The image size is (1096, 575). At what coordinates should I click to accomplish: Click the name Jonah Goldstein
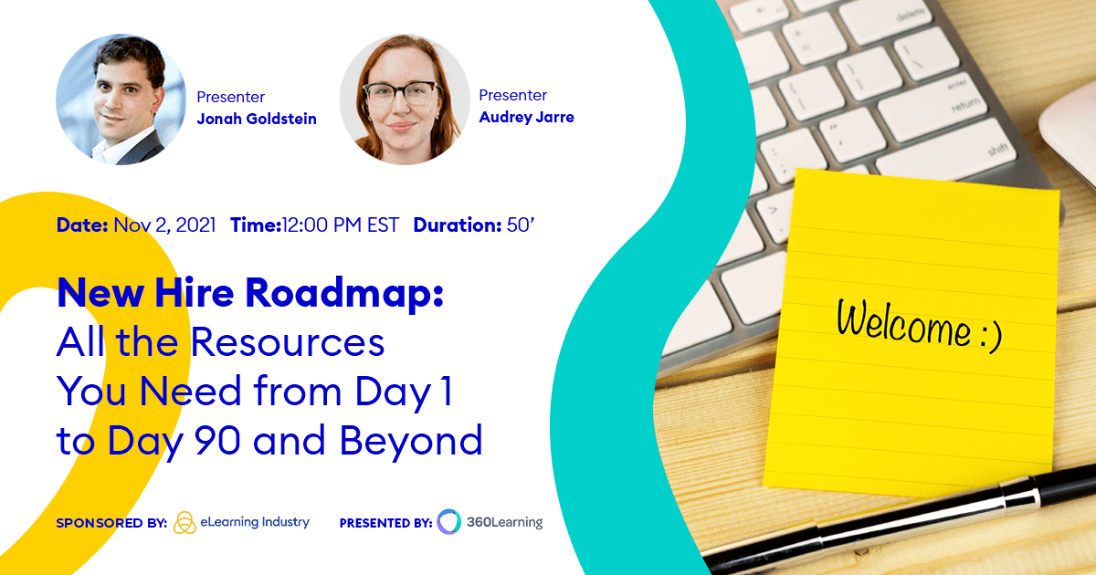click(x=257, y=119)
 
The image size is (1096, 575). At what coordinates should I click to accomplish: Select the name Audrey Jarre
click(x=526, y=117)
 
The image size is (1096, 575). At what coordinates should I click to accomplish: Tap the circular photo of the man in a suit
click(x=121, y=99)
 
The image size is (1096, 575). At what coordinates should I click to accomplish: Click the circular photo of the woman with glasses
click(x=405, y=99)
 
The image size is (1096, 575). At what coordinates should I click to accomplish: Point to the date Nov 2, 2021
click(x=164, y=225)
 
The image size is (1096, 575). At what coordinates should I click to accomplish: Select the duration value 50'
click(x=520, y=225)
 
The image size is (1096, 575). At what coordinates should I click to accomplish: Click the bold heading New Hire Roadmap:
click(x=249, y=294)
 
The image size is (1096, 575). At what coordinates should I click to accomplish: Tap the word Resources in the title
click(x=288, y=342)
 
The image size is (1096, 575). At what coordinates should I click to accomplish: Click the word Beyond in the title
click(x=411, y=440)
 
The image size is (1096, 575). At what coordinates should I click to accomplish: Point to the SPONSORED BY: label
click(x=111, y=523)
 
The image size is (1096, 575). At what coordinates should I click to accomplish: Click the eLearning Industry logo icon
click(x=184, y=522)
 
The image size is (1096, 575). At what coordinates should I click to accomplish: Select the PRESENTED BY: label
click(x=385, y=523)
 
